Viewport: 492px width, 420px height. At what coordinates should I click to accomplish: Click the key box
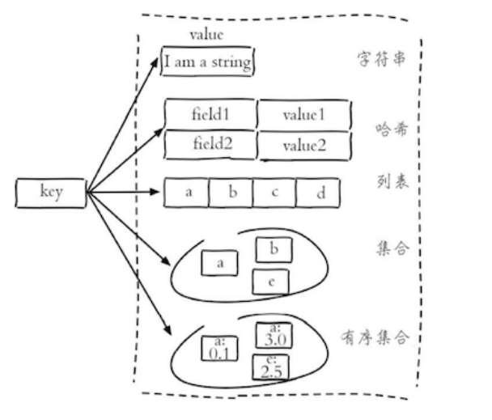(x=50, y=193)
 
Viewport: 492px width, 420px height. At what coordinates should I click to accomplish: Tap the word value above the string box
(x=206, y=35)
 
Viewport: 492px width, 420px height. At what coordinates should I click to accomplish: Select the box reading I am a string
(x=208, y=62)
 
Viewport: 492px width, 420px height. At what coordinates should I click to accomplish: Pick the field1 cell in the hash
(x=210, y=114)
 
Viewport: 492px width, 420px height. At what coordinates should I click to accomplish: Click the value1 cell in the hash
(x=303, y=115)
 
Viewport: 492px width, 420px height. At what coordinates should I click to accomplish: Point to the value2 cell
(x=303, y=146)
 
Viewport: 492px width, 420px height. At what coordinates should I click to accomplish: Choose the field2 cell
(x=210, y=145)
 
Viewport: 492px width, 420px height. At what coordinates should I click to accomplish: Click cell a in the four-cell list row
(x=188, y=193)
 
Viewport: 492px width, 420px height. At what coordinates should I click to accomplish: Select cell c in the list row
(x=274, y=193)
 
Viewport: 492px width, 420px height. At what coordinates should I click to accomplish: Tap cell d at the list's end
(x=318, y=193)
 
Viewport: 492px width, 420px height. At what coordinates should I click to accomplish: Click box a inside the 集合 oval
(x=220, y=263)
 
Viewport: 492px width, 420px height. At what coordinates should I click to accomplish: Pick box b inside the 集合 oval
(x=274, y=250)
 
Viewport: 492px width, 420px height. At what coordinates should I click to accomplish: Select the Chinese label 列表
(x=393, y=180)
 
